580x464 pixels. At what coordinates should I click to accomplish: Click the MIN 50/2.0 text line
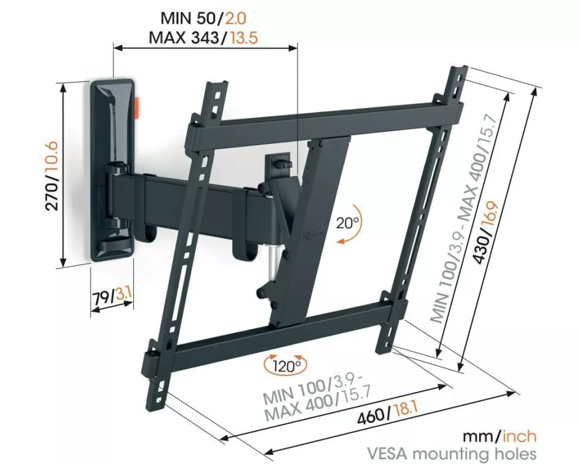(203, 18)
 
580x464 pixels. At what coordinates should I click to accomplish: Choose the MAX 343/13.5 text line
(203, 38)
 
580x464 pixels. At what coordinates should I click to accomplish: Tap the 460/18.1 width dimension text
(387, 414)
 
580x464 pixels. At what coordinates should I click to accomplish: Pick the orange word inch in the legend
(519, 436)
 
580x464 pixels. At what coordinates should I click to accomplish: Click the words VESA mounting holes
(451, 453)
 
